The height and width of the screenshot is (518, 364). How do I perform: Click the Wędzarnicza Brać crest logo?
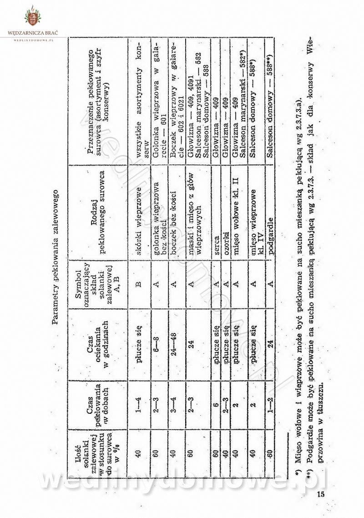[32, 17]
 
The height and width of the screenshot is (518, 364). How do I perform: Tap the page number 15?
[320, 495]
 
